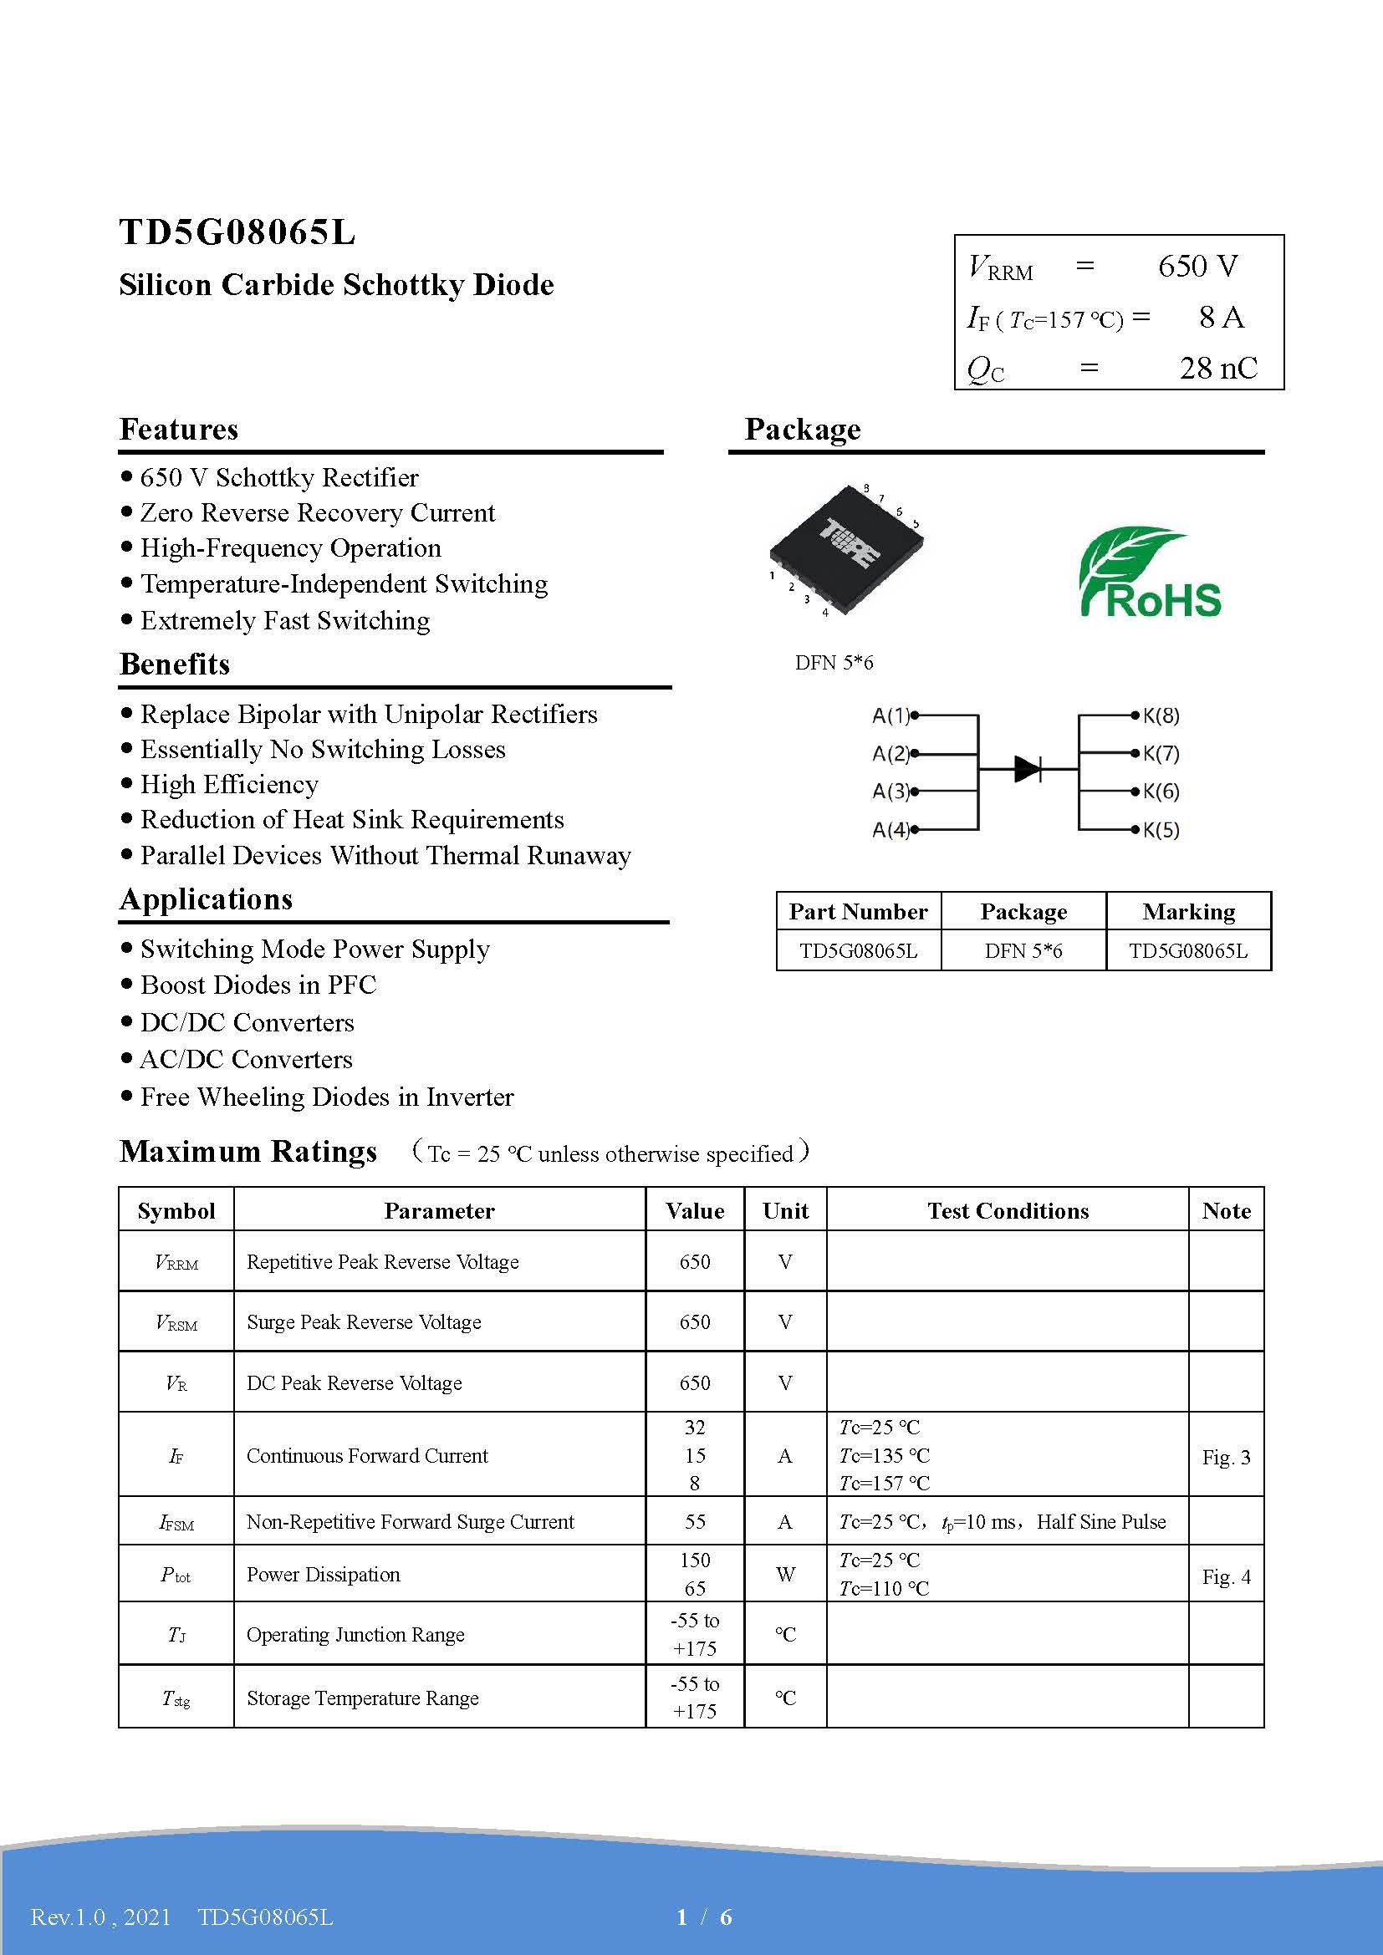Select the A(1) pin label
(891, 716)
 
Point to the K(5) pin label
(1161, 830)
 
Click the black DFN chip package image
(846, 550)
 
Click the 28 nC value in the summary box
(1217, 369)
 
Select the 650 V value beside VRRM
(1197, 267)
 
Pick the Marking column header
(1188, 912)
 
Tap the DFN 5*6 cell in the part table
(1023, 951)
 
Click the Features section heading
(179, 429)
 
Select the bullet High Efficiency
(229, 784)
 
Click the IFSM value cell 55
(695, 1521)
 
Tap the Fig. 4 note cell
(1226, 1577)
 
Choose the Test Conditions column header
(1008, 1211)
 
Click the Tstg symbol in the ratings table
(176, 1698)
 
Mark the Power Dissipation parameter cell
(324, 1575)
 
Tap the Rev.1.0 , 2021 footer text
(100, 1917)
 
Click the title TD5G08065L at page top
(237, 232)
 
